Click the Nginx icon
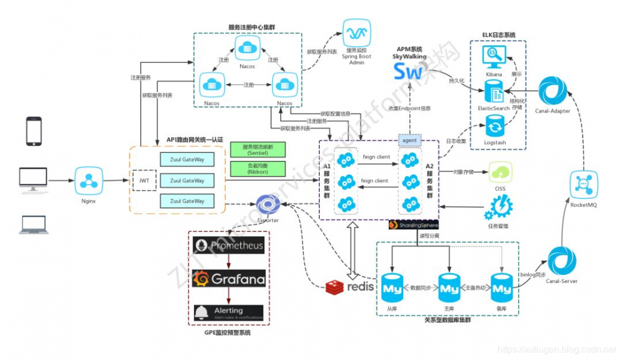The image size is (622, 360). pos(88,181)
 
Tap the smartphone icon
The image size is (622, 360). pos(34,131)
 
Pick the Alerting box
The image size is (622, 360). pos(228,312)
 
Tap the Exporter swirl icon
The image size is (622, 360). pos(268,204)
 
